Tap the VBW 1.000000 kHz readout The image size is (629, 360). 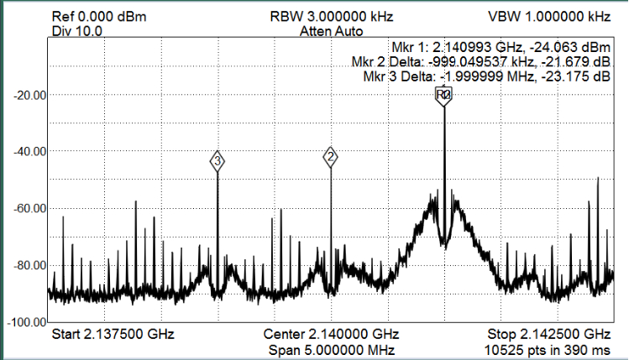click(548, 17)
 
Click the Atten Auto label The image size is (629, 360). click(331, 31)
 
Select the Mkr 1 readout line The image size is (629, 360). click(500, 47)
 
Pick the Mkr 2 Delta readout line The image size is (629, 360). click(480, 62)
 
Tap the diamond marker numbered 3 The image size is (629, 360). click(218, 160)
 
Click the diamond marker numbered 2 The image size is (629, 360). click(331, 156)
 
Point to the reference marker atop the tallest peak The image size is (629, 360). click(443, 96)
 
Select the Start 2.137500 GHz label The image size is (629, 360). click(113, 334)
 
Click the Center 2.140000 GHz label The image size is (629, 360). click(331, 334)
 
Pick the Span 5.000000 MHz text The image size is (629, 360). click(331, 348)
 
